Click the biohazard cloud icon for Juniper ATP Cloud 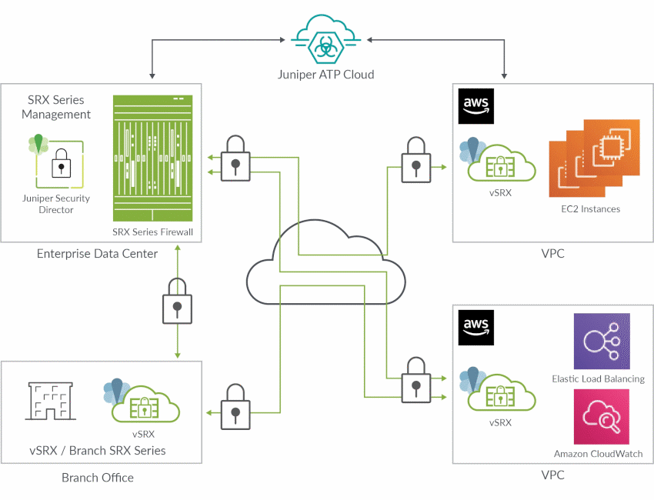click(x=326, y=42)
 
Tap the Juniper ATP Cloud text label click(x=326, y=75)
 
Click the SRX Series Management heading click(x=56, y=107)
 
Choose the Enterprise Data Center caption click(x=97, y=253)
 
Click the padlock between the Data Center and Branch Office click(x=177, y=302)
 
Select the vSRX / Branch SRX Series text click(x=97, y=451)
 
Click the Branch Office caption click(x=98, y=478)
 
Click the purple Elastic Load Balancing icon click(x=601, y=341)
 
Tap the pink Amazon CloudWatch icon click(x=601, y=416)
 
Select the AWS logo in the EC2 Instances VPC click(x=476, y=106)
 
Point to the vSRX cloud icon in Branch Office click(x=139, y=402)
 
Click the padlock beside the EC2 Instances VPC click(x=416, y=160)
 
